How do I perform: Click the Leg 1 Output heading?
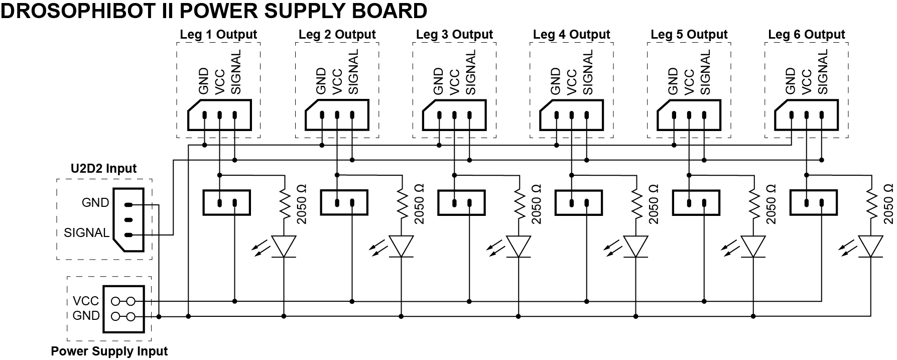218,35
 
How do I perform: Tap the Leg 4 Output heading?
571,35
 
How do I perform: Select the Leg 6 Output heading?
806,35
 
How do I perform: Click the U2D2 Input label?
104,169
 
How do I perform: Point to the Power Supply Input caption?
109,351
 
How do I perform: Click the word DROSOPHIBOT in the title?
76,11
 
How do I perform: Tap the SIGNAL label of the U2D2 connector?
86,233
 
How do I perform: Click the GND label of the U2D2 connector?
95,203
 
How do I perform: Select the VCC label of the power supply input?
86,301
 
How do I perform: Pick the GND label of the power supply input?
86,316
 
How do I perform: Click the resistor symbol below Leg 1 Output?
285,203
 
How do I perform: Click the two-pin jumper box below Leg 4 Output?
579,203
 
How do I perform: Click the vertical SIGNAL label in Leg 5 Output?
704,72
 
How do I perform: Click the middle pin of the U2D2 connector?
128,220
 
